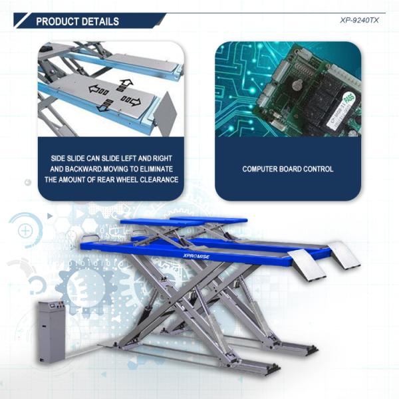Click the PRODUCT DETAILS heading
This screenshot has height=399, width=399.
77,21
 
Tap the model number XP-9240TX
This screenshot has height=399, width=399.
359,21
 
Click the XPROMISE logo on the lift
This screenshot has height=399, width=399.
196,256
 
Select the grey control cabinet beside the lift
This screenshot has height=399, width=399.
51,331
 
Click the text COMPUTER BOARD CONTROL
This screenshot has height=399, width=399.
288,169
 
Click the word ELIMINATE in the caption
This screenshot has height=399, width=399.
156,169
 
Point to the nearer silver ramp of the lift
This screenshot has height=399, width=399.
307,265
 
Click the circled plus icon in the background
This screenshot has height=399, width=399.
25,231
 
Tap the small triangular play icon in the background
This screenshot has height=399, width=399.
50,216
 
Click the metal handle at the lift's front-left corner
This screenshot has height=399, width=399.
89,237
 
